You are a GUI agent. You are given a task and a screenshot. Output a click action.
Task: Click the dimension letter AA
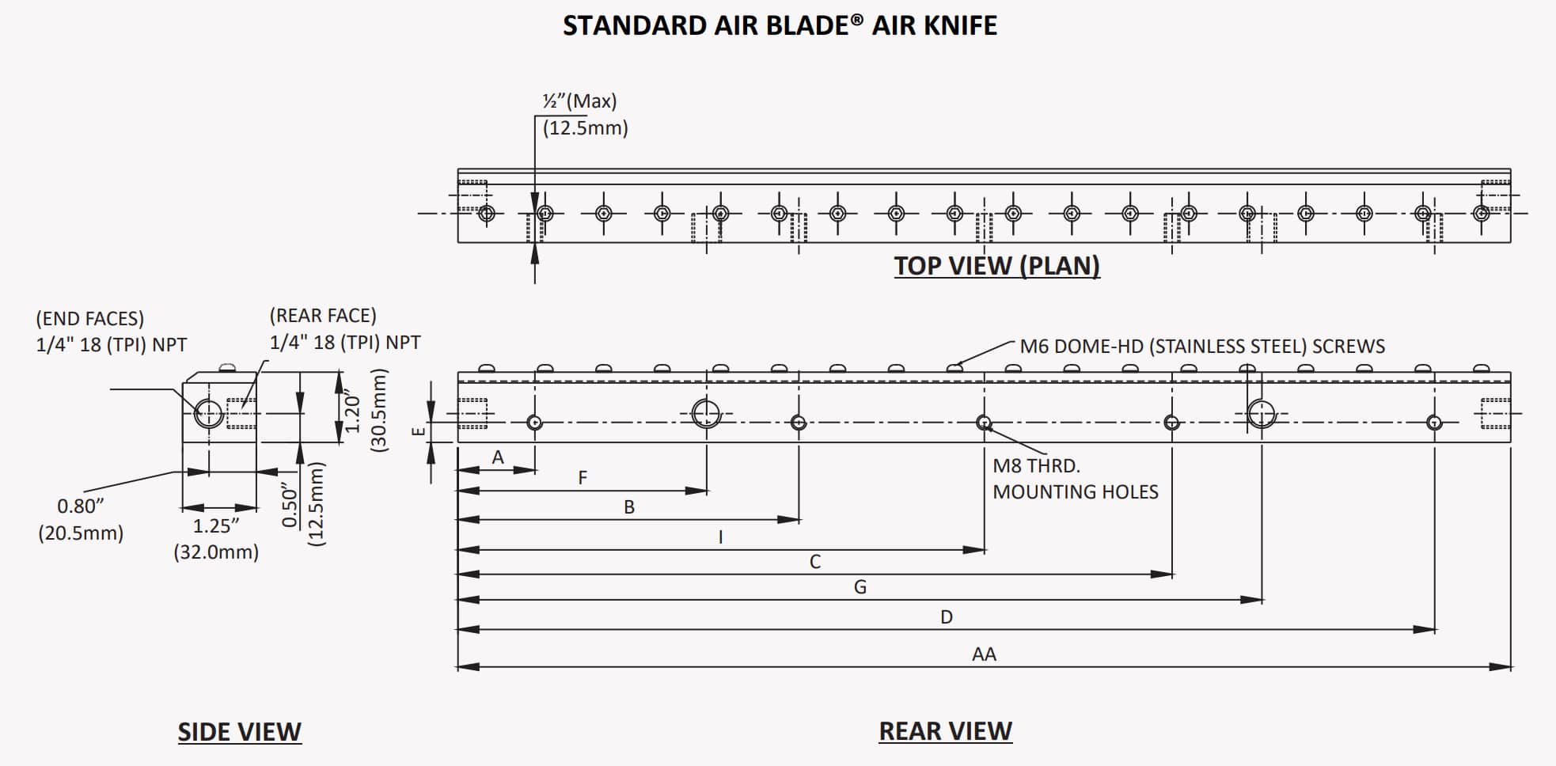[984, 654]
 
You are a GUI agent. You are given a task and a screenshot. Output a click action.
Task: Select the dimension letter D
[947, 617]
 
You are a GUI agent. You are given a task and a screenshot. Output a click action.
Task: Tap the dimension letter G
[860, 587]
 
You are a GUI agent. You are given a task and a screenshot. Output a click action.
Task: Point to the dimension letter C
[815, 562]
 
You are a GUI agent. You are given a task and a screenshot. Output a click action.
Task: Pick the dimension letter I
[720, 537]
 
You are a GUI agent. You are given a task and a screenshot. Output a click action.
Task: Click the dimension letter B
[629, 507]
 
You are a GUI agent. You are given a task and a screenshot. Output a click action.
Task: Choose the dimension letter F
[583, 478]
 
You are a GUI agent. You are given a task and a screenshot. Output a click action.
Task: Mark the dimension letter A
[498, 457]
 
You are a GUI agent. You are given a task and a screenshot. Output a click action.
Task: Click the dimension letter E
[419, 431]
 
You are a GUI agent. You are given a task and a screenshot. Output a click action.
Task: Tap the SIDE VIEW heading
[239, 732]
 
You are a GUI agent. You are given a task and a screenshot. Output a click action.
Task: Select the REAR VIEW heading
[945, 731]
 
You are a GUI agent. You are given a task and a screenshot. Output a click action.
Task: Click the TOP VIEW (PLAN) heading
[996, 266]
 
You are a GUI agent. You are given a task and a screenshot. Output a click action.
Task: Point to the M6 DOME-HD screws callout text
[1201, 347]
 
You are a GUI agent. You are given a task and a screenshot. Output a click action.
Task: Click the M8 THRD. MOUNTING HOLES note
[1075, 479]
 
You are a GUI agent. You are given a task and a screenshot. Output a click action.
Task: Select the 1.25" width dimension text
[216, 526]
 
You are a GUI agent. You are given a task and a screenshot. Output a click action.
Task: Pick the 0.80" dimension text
[81, 506]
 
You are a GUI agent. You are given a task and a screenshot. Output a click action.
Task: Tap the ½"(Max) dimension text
[579, 101]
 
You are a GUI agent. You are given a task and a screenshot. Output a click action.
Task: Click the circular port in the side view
[209, 413]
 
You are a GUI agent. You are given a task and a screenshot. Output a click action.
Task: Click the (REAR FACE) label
[323, 316]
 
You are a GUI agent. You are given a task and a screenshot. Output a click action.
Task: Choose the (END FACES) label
[90, 319]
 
